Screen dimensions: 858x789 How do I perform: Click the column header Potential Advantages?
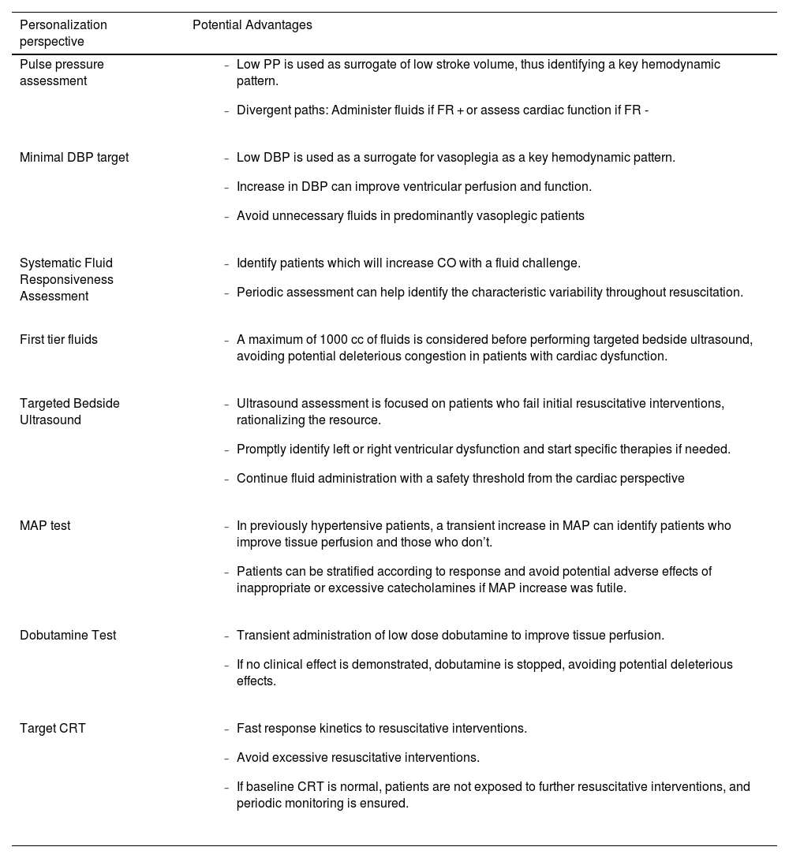point(252,25)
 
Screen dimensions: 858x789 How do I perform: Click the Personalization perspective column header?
point(63,33)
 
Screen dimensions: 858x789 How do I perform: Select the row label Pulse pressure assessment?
point(62,73)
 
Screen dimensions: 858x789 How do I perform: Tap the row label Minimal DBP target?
point(74,158)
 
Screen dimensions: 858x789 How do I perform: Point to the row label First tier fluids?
point(58,340)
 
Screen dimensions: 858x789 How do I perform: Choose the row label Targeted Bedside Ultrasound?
point(69,412)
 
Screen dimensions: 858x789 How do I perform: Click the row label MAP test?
point(45,526)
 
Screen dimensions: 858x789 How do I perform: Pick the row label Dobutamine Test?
point(68,636)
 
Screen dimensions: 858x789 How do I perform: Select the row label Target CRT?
point(53,729)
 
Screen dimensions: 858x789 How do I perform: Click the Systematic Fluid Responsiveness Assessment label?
point(66,280)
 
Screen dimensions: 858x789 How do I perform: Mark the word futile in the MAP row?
point(611,588)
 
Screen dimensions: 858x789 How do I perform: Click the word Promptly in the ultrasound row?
point(261,450)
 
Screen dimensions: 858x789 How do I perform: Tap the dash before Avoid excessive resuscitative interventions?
point(226,759)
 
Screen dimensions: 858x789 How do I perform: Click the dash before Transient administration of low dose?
point(226,636)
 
